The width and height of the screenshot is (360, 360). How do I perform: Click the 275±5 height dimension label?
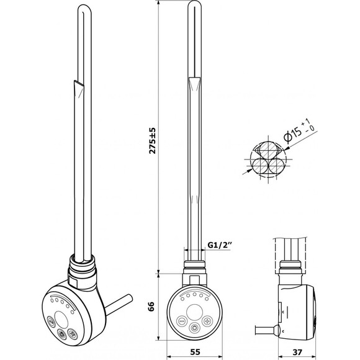153,140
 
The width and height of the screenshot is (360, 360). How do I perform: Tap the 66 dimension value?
151,307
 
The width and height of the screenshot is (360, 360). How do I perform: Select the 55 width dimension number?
195,351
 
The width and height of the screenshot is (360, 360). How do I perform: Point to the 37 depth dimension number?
297,351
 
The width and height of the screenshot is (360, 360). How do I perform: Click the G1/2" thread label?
219,245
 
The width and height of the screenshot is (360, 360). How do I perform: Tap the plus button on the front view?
207,320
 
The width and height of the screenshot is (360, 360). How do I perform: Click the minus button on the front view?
182,320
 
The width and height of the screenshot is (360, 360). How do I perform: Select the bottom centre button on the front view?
194,327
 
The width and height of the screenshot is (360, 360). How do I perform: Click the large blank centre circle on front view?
194,312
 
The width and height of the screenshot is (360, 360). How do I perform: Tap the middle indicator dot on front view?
194,294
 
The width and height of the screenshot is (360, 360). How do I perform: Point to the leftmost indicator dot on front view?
182,299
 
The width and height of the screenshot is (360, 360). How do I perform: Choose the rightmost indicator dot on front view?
207,299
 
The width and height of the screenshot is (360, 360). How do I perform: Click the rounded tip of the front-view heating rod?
194,2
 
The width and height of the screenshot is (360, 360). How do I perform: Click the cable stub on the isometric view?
119,304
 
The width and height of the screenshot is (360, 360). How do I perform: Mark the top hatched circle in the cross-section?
268,149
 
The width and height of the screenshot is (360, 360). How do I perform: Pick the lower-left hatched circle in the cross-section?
259,166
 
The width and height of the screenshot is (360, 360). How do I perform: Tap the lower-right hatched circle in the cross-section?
276,166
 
